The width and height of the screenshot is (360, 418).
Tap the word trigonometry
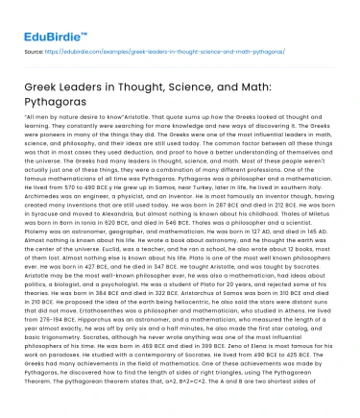[61, 346]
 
